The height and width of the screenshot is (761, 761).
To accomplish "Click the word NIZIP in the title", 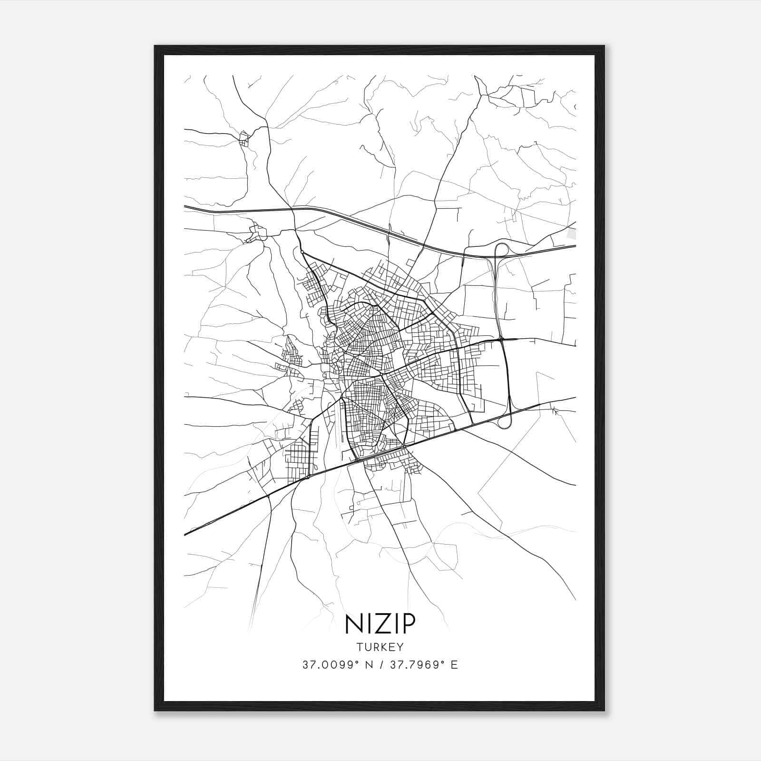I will [380, 624].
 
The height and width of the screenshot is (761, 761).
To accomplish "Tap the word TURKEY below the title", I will [380, 647].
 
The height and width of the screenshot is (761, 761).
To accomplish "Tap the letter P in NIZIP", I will [407, 624].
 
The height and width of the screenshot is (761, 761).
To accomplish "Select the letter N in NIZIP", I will [353, 624].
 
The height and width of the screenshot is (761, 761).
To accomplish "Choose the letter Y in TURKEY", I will [401, 647].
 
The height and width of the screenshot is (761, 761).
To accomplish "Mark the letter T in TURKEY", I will [359, 647].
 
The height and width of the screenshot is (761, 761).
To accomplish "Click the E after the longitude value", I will [455, 665].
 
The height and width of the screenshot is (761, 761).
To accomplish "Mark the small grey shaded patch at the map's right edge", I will [572, 234].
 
